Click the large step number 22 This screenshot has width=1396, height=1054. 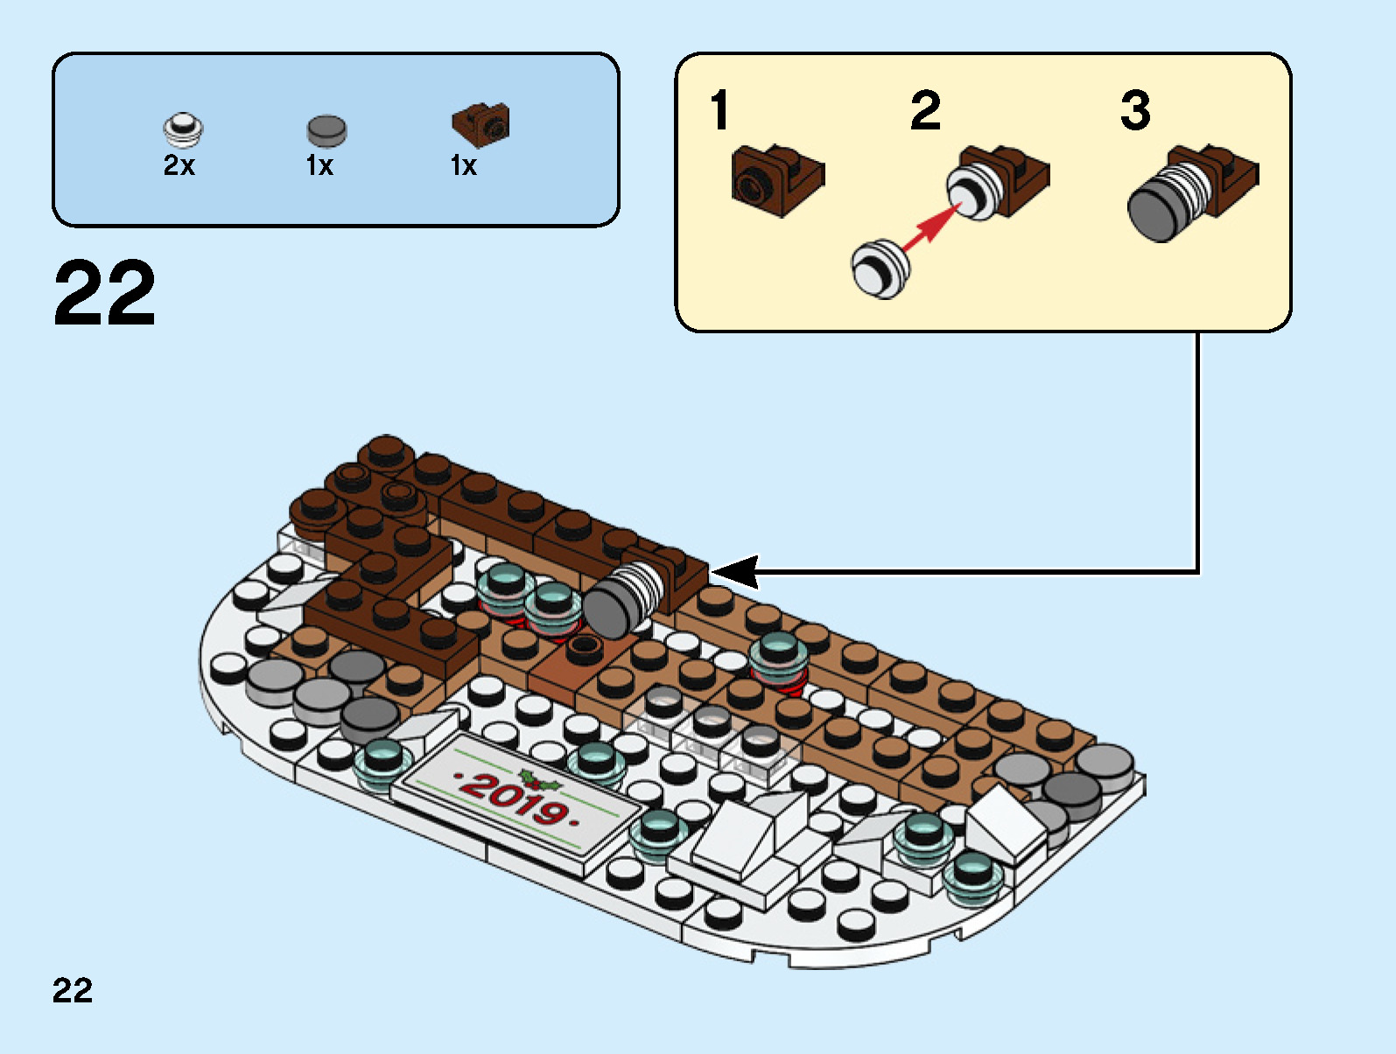click(104, 293)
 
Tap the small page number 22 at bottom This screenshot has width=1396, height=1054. click(73, 990)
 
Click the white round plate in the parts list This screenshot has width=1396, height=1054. click(183, 129)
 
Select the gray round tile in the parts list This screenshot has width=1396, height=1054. click(326, 131)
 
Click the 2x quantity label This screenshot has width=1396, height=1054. click(179, 165)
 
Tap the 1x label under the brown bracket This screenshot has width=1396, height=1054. click(463, 165)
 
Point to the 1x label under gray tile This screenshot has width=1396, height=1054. click(319, 165)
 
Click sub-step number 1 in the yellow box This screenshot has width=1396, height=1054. click(719, 110)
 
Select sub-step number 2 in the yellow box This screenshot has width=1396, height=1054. click(925, 110)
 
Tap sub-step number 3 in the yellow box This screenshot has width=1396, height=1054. click(1135, 110)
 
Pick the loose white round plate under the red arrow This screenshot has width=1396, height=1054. click(880, 269)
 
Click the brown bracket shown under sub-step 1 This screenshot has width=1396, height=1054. click(775, 179)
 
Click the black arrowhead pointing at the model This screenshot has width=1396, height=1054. click(735, 572)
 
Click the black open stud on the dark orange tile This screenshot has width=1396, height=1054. click(584, 647)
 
